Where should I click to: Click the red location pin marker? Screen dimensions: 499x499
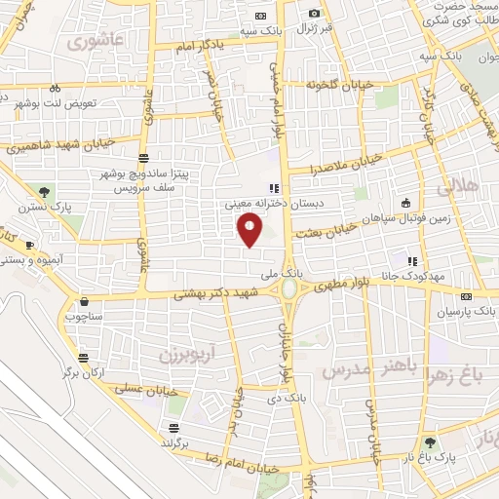[249, 230]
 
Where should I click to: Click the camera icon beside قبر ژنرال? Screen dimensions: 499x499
[314, 13]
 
